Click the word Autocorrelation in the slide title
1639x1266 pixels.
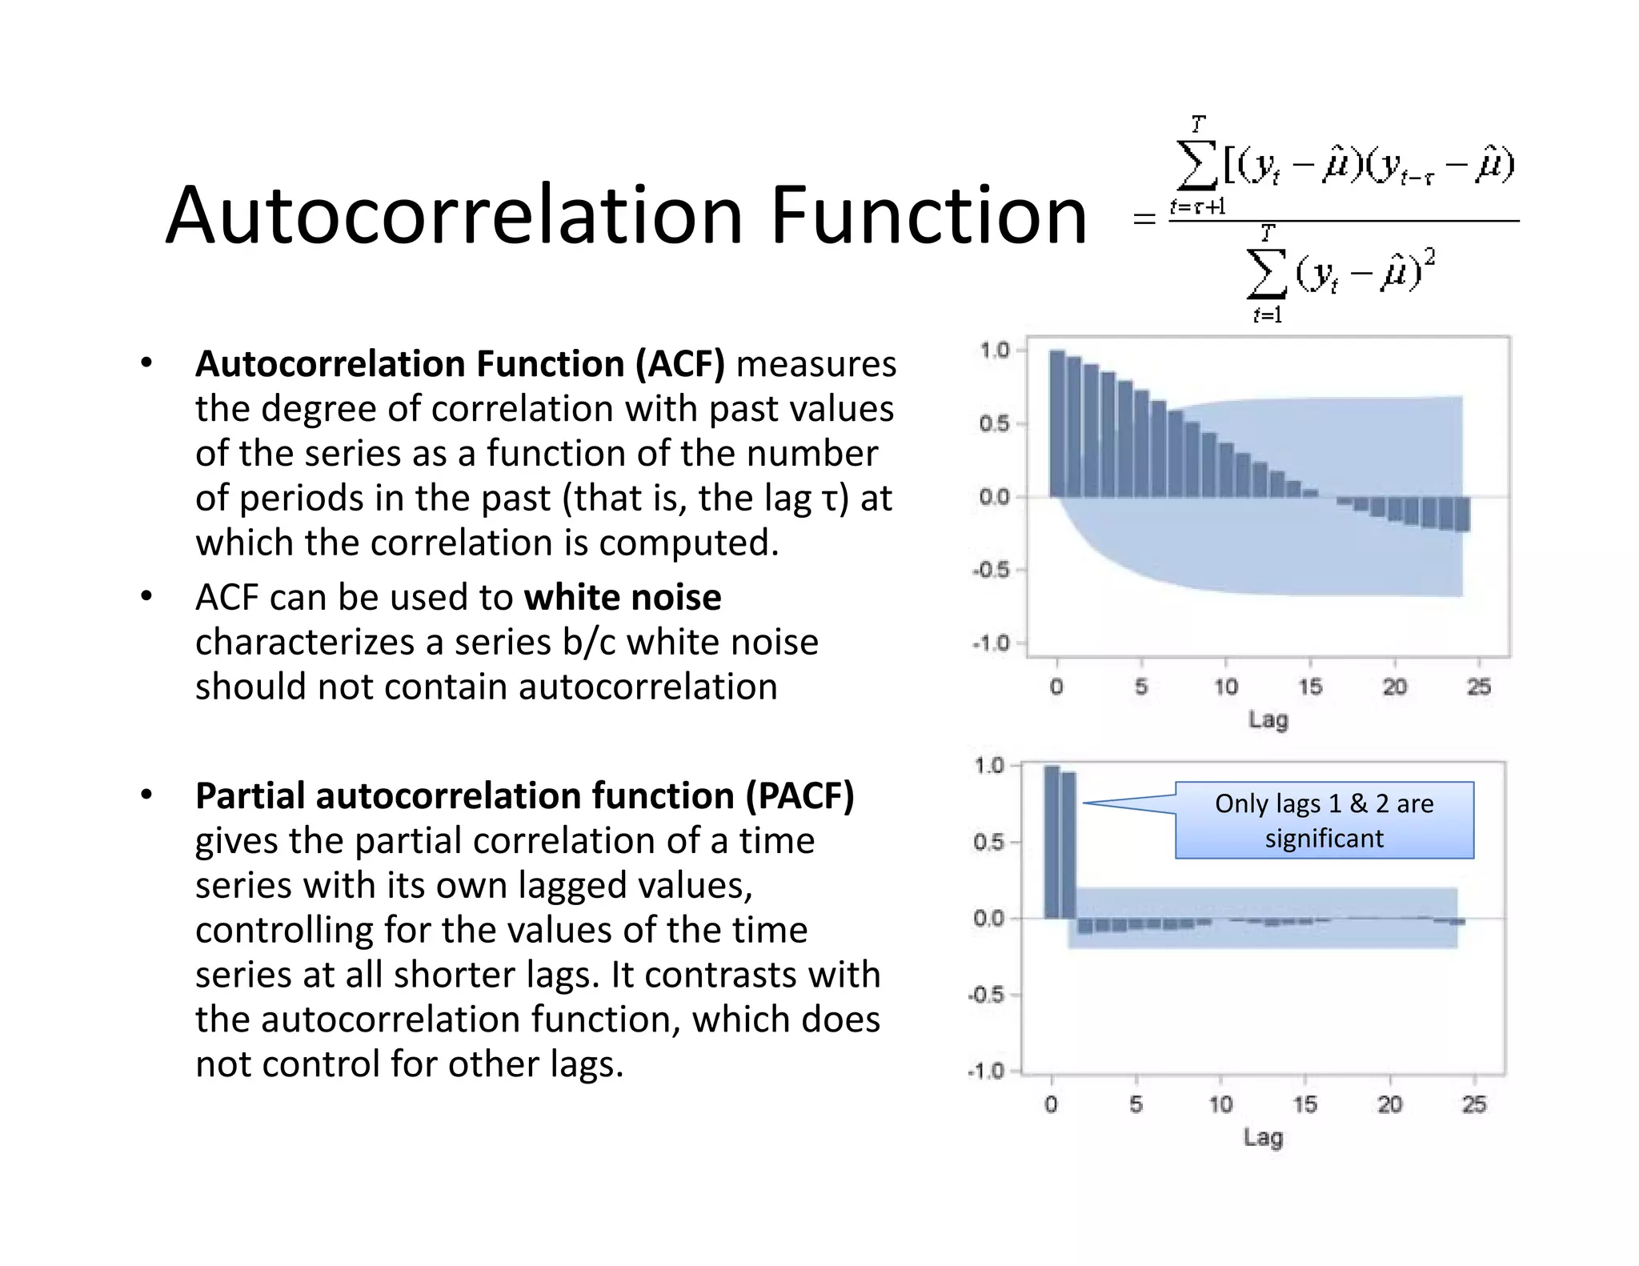click(455, 215)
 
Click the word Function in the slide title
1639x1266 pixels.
click(928, 215)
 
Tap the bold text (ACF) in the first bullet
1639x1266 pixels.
click(680, 364)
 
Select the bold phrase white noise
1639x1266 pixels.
click(623, 598)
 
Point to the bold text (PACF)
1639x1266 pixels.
click(799, 796)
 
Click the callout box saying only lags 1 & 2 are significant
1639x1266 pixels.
click(1324, 820)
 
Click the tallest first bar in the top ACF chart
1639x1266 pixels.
click(1057, 423)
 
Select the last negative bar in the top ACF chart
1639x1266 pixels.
click(1462, 515)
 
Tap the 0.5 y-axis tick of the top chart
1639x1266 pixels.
click(993, 423)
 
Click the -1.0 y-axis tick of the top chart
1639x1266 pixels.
click(990, 643)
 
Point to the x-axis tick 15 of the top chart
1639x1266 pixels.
click(1310, 687)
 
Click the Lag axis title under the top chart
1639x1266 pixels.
click(1268, 719)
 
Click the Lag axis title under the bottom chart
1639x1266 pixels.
click(1263, 1137)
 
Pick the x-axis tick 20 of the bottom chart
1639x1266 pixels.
click(1389, 1105)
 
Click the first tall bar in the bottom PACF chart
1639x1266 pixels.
click(1052, 843)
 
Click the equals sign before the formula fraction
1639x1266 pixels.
click(1144, 218)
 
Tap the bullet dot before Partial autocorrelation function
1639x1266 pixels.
click(146, 795)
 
